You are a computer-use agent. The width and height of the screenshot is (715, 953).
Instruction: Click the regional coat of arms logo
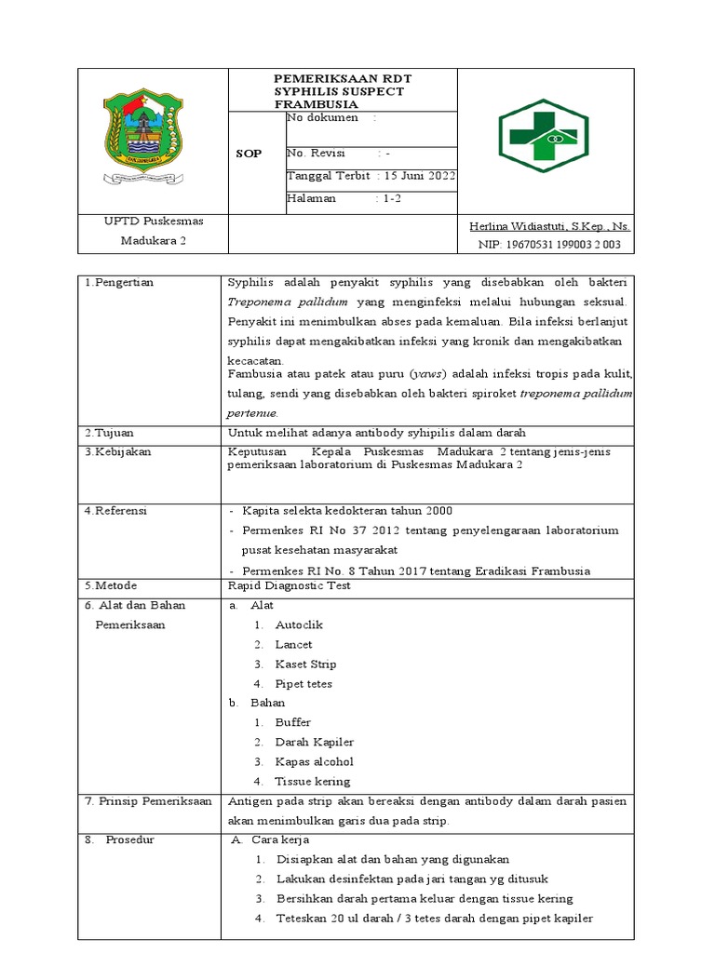point(141,140)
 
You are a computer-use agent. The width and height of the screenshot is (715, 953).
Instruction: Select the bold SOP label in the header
point(250,153)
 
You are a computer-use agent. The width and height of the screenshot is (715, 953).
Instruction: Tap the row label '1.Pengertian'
point(118,281)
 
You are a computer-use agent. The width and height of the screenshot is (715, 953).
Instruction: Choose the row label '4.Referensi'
point(115,510)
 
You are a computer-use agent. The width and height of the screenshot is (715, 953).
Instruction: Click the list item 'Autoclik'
point(299,625)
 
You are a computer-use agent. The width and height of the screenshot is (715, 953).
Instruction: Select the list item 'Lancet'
point(293,644)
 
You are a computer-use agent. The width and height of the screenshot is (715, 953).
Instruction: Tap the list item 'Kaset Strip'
point(305,664)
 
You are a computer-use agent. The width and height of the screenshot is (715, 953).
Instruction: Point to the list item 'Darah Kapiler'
point(314,742)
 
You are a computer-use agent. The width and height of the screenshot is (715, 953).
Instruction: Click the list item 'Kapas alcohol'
point(314,761)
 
